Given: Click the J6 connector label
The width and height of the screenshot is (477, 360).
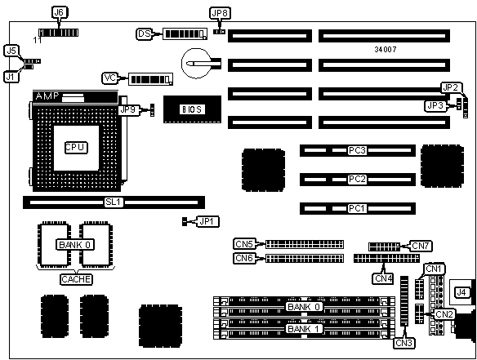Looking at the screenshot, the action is click(x=59, y=12).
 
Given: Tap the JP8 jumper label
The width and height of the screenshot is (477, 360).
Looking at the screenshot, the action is click(x=220, y=13).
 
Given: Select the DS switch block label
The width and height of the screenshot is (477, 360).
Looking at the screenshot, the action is click(x=145, y=33).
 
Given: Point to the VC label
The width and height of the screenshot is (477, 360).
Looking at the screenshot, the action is click(x=109, y=78).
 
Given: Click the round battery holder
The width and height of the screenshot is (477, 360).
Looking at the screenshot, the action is click(x=196, y=63).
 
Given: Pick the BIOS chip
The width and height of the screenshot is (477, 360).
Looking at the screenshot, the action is click(x=192, y=109).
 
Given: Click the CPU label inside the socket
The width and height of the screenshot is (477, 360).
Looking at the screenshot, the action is click(x=76, y=148).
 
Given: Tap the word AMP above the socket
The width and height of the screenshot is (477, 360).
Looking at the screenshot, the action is click(x=47, y=96).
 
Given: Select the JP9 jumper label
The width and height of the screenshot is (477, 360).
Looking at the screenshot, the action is click(x=128, y=109).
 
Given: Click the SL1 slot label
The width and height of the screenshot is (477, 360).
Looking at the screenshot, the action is click(x=114, y=202).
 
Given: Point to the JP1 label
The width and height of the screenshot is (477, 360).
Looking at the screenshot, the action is click(x=208, y=222).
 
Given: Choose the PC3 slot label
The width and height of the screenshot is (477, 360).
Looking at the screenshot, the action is click(x=357, y=150).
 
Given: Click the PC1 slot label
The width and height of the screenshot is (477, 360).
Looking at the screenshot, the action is click(x=357, y=209).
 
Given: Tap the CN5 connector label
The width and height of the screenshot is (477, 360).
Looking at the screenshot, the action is click(x=244, y=244).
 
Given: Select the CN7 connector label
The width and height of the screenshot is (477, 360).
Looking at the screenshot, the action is click(x=421, y=246).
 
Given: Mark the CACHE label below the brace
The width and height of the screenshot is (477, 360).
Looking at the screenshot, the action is click(x=76, y=279).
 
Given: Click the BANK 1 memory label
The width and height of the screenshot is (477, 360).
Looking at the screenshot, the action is click(x=303, y=329).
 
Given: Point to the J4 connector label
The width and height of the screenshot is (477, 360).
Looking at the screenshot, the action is click(x=461, y=292).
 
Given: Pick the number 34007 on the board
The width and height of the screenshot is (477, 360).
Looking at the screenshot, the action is click(x=386, y=50).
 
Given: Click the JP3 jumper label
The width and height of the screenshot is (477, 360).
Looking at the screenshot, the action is click(x=435, y=106).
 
